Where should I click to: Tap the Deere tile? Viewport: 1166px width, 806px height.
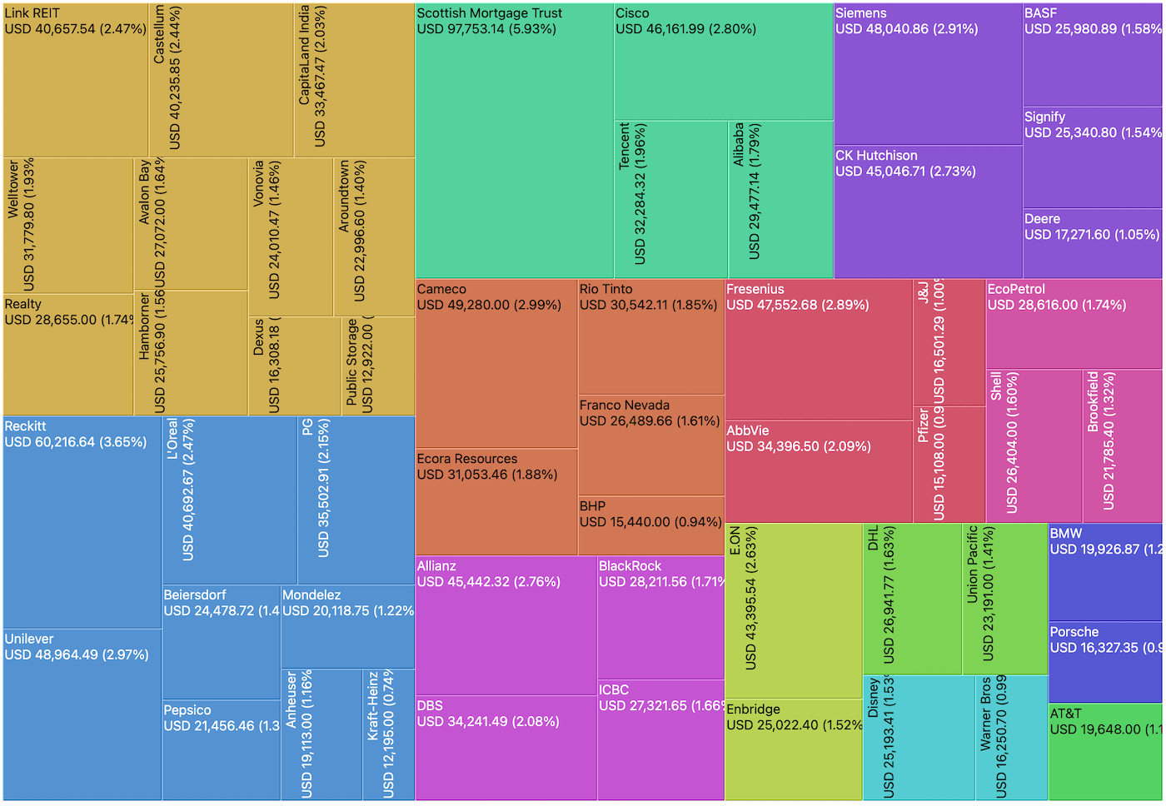pos(1092,243)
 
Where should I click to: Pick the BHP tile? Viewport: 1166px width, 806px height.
pos(650,525)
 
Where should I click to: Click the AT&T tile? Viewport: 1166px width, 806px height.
pos(1104,752)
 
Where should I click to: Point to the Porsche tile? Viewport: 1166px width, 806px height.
pos(1104,662)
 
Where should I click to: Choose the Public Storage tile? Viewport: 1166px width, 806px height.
pos(377,366)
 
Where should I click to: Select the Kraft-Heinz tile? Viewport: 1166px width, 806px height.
pos(388,734)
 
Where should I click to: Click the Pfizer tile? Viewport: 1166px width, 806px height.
pos(949,465)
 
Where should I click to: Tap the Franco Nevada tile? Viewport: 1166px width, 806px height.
pos(650,445)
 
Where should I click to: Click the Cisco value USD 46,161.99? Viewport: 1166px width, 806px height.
pos(685,29)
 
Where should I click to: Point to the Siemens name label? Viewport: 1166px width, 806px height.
pos(860,13)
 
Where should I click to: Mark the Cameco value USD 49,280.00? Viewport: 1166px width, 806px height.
pos(489,306)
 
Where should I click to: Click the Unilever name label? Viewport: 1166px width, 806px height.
pos(29,639)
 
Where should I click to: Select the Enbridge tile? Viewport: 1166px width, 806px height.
pos(793,749)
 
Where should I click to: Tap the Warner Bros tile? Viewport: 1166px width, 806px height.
pos(1011,738)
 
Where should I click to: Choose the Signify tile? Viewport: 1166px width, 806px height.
pos(1092,157)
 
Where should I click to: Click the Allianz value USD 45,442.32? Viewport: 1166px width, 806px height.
pos(488,582)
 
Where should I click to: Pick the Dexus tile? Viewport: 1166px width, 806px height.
pos(294,366)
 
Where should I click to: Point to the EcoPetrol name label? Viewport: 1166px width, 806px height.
pos(1015,290)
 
